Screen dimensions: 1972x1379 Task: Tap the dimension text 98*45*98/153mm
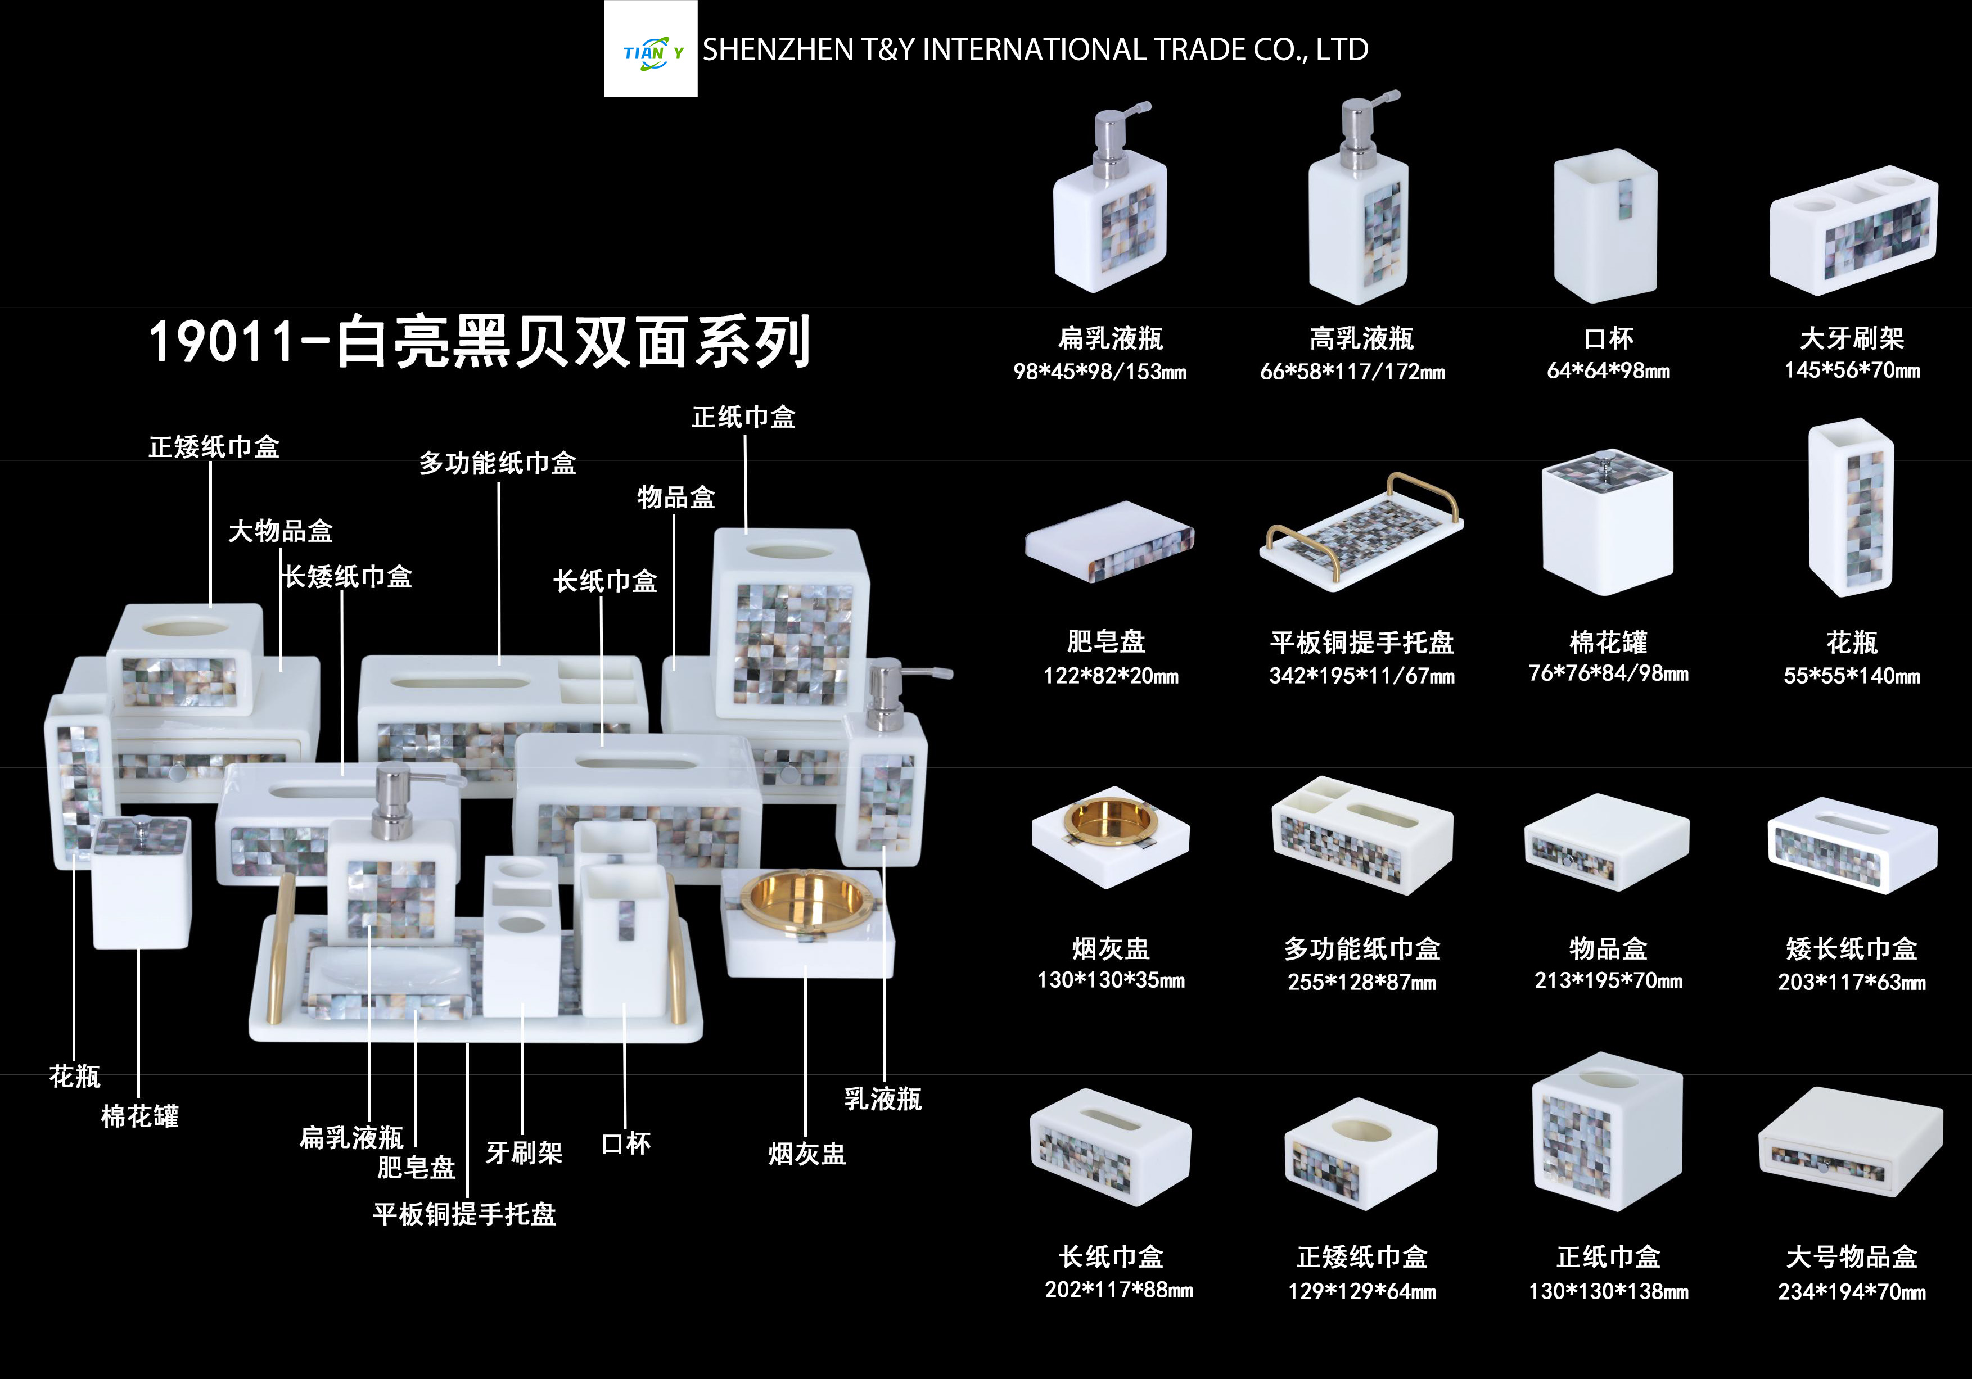[x=1100, y=372]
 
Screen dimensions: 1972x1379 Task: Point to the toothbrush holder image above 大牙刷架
[x=1853, y=229]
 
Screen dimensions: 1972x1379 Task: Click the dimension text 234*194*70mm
[x=1852, y=1291]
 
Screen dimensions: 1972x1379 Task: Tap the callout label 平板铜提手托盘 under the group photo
[x=464, y=1214]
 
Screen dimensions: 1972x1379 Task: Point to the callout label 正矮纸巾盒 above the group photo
[x=214, y=446]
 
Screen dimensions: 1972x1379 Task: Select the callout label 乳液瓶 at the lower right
[x=883, y=1099]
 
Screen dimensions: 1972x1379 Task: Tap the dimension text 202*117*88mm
[x=1119, y=1290]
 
